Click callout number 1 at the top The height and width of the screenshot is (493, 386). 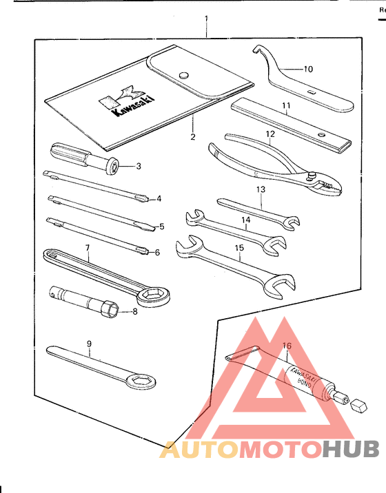pos(206,17)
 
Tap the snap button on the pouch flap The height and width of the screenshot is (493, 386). pos(183,75)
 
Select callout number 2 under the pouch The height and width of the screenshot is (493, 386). pos(194,137)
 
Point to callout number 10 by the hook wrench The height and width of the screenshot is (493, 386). pos(308,69)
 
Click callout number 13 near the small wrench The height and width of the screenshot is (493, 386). pos(261,189)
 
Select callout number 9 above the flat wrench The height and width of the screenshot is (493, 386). pos(88,342)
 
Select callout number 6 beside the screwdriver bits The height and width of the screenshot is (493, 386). pos(157,252)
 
